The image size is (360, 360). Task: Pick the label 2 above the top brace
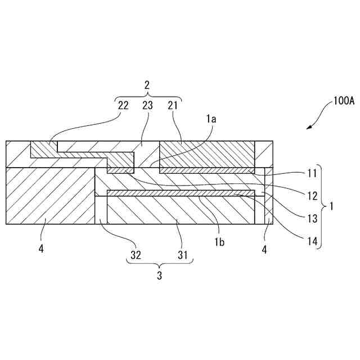pos(147,85)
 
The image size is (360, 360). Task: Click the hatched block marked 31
pos(180,211)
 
